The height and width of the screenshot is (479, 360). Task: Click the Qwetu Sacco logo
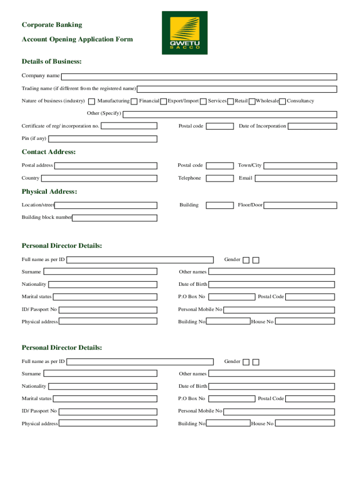(185, 33)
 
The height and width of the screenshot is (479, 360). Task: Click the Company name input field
(199, 77)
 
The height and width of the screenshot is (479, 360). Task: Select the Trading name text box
(237, 89)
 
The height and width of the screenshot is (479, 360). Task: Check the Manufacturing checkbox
(92, 102)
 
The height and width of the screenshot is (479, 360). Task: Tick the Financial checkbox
(134, 102)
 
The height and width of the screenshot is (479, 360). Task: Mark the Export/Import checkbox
(163, 102)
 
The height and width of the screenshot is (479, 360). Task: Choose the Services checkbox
(203, 102)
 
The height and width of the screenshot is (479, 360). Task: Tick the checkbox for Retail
(230, 102)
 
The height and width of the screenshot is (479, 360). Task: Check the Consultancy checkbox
(282, 102)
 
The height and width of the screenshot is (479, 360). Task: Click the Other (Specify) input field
(230, 114)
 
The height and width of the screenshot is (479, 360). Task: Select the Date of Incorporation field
(312, 126)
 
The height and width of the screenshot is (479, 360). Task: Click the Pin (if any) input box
(103, 139)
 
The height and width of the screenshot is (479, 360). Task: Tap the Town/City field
(300, 166)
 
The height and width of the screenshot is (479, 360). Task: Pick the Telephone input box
(220, 178)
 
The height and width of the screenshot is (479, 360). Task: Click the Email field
(295, 178)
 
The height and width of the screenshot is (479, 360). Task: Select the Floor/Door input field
(300, 205)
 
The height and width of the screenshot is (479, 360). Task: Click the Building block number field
(115, 218)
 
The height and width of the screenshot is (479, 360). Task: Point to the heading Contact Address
(49, 152)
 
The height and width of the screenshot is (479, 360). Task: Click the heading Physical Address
(49, 192)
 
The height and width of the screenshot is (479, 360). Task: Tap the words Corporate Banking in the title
(52, 25)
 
